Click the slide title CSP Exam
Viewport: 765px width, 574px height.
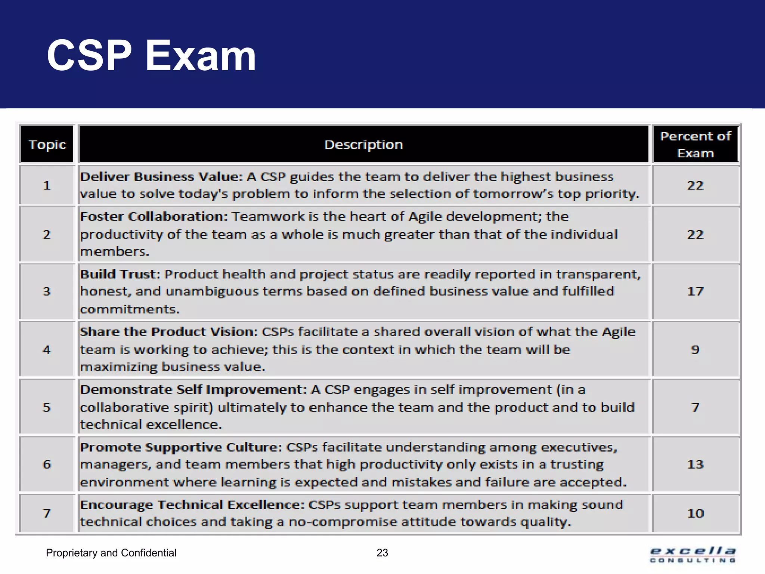(151, 56)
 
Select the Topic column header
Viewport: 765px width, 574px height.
(47, 145)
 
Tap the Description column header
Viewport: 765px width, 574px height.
(363, 145)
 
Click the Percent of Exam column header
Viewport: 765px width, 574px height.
(695, 145)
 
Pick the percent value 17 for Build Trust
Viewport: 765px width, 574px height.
(695, 291)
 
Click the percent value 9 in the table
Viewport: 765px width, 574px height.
(695, 350)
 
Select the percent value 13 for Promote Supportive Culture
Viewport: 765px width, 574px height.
(695, 464)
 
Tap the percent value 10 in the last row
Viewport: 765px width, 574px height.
(695, 513)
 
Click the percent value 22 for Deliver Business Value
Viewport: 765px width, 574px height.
(695, 185)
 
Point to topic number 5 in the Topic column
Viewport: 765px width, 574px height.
(47, 407)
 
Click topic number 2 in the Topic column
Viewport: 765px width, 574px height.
(47, 234)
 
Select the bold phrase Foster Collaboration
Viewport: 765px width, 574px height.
(154, 217)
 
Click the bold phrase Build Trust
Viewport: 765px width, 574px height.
(120, 274)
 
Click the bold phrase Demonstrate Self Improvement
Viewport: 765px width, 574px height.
(193, 390)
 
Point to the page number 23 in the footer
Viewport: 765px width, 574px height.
(382, 553)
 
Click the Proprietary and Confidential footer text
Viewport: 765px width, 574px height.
(111, 553)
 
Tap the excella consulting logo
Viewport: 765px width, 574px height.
(693, 555)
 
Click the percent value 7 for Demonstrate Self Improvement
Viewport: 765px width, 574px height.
(695, 407)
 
